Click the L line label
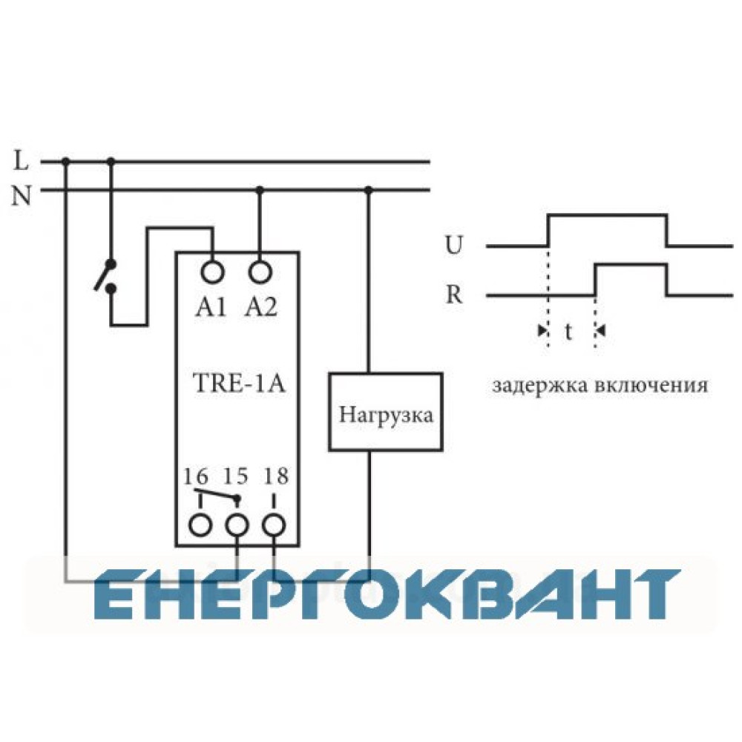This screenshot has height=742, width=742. pyautogui.click(x=21, y=160)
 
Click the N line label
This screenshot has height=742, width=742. pyautogui.click(x=22, y=195)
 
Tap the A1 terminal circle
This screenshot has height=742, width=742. pyautogui.click(x=213, y=272)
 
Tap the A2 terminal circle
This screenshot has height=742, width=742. pyautogui.click(x=260, y=272)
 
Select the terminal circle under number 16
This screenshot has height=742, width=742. pyautogui.click(x=200, y=525)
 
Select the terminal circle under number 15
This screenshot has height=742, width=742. pyautogui.click(x=237, y=525)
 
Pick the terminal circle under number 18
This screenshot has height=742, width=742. pyautogui.click(x=274, y=525)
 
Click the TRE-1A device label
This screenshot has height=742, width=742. pyautogui.click(x=240, y=383)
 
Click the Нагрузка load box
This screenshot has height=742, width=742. pyautogui.click(x=386, y=412)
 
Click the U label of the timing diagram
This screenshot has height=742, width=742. pyautogui.click(x=453, y=245)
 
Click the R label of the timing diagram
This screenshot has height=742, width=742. pyautogui.click(x=454, y=295)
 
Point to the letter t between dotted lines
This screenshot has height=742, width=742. pyautogui.click(x=568, y=331)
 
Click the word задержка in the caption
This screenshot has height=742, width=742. pyautogui.click(x=539, y=386)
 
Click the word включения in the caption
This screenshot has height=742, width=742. pyautogui.click(x=651, y=386)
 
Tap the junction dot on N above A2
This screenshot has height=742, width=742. pyautogui.click(x=259, y=190)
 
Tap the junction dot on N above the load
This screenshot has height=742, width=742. pyautogui.click(x=369, y=190)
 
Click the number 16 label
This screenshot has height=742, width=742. pyautogui.click(x=195, y=476)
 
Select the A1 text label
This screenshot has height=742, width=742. pyautogui.click(x=211, y=308)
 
